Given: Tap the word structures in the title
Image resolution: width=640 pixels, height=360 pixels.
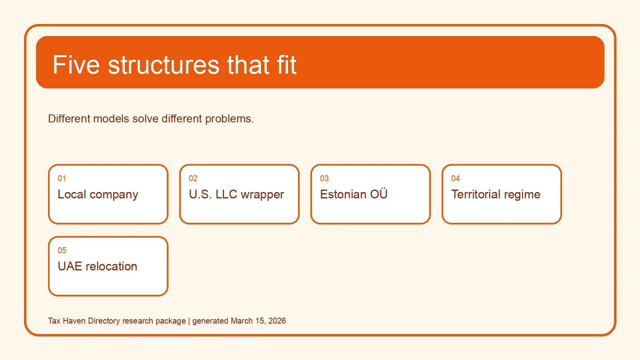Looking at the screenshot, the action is click(x=164, y=65).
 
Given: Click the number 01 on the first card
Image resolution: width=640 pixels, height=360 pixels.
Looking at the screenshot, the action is click(x=62, y=178).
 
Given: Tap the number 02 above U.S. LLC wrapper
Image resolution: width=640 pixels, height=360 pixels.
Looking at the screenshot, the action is click(x=193, y=178).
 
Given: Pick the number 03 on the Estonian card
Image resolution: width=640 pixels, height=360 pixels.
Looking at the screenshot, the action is click(x=324, y=178).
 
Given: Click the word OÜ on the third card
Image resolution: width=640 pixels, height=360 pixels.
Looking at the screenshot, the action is click(x=379, y=194).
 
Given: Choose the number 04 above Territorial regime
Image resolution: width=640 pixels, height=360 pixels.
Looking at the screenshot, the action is click(x=456, y=178).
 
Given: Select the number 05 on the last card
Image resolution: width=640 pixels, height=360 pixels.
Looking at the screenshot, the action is click(x=62, y=250).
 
